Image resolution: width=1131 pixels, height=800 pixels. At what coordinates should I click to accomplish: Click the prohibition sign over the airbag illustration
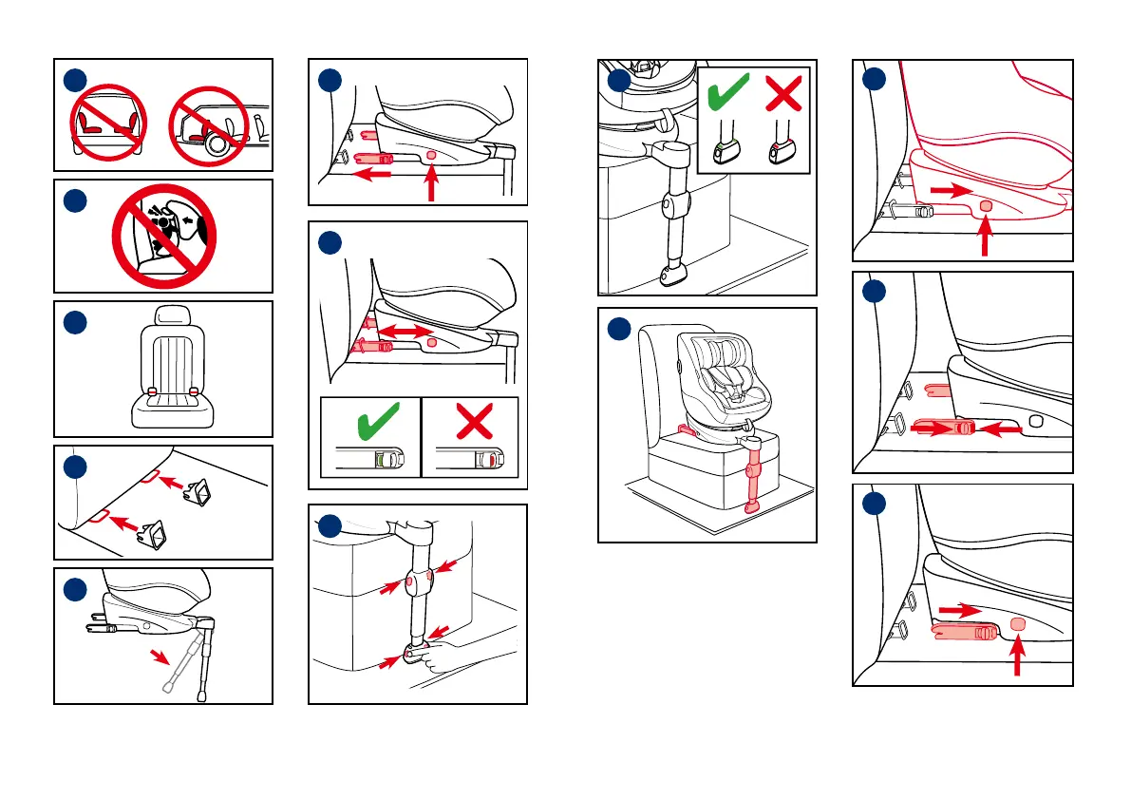tap(164, 236)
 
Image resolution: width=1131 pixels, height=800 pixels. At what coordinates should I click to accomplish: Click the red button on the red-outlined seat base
tap(985, 206)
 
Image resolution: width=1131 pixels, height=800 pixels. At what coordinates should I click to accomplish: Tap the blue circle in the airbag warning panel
tap(77, 200)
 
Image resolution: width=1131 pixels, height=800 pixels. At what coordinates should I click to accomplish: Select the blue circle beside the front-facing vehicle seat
tap(77, 322)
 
